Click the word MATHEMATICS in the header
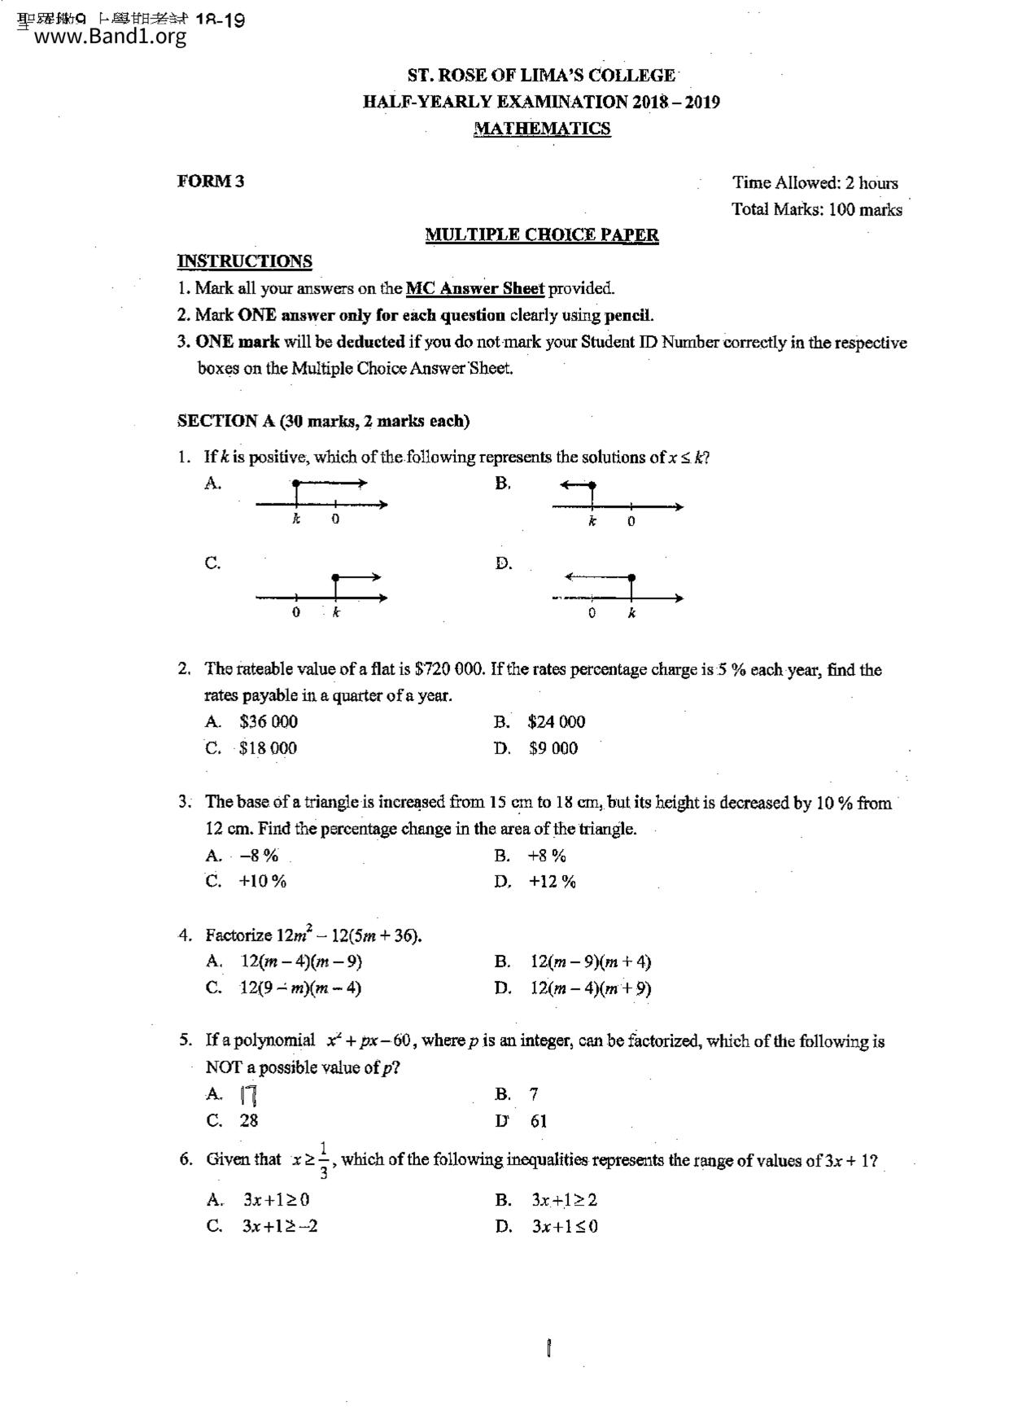click(542, 129)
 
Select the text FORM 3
click(211, 182)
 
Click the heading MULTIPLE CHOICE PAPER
click(542, 235)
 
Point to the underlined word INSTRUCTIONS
click(245, 261)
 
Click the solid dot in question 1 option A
click(295, 484)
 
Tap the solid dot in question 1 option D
click(632, 578)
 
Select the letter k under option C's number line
click(336, 613)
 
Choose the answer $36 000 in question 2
click(269, 721)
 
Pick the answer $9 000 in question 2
click(553, 748)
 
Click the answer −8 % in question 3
click(259, 855)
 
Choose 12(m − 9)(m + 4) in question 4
click(591, 961)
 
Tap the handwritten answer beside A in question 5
click(249, 1096)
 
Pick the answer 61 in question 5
click(539, 1121)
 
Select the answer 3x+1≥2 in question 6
click(565, 1199)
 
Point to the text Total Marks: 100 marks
click(816, 209)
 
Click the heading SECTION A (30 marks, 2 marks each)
click(324, 421)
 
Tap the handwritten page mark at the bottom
click(550, 1350)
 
